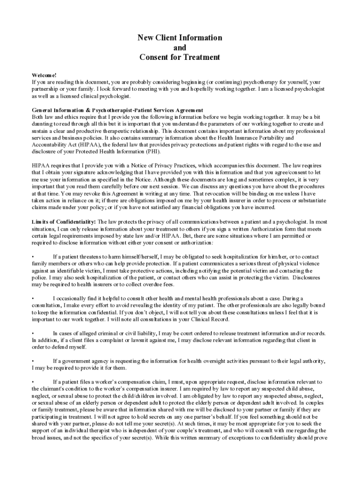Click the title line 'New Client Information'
click(x=180, y=38)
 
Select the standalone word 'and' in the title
click(x=180, y=48)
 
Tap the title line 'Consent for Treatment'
click(x=180, y=58)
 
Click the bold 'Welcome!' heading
click(x=44, y=75)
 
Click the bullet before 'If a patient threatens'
click(x=33, y=256)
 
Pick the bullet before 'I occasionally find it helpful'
click(x=33, y=298)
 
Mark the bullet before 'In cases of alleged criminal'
click(x=33, y=333)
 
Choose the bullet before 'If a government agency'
click(x=33, y=361)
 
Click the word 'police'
click(x=40, y=277)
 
